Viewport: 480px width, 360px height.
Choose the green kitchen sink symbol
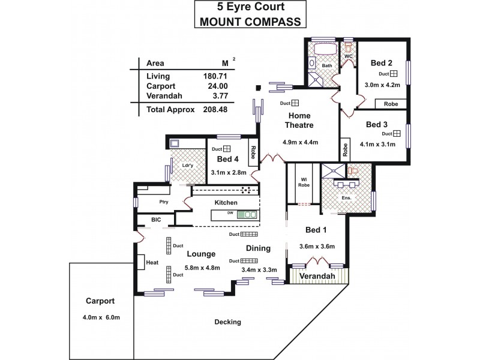(x=247, y=214)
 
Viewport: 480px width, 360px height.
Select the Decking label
(x=227, y=322)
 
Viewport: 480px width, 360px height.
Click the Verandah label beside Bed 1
(x=319, y=276)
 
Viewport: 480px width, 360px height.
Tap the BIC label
(x=156, y=220)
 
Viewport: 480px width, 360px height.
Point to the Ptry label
(x=163, y=202)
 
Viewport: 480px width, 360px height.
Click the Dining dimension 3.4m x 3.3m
(x=259, y=270)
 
